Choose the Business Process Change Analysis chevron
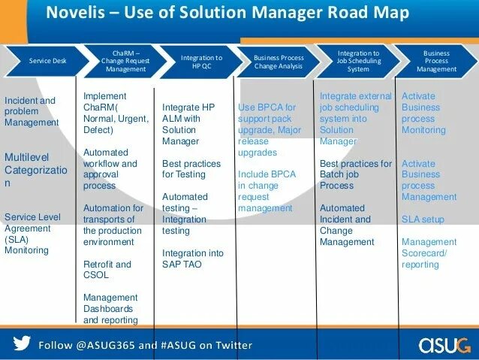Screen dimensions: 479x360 (x=279, y=60)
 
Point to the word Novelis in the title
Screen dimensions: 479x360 (x=74, y=13)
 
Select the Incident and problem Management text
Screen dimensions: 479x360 (x=31, y=111)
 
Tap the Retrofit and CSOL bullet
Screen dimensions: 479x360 (x=107, y=270)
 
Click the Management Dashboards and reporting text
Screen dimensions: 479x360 (x=110, y=308)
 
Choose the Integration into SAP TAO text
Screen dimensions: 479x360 (x=192, y=259)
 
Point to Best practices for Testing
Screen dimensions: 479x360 (x=191, y=169)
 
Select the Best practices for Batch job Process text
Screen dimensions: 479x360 (x=356, y=174)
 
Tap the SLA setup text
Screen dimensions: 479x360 (x=423, y=219)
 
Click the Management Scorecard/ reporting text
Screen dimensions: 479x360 (x=429, y=253)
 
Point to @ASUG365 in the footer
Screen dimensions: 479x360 (x=104, y=345)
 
